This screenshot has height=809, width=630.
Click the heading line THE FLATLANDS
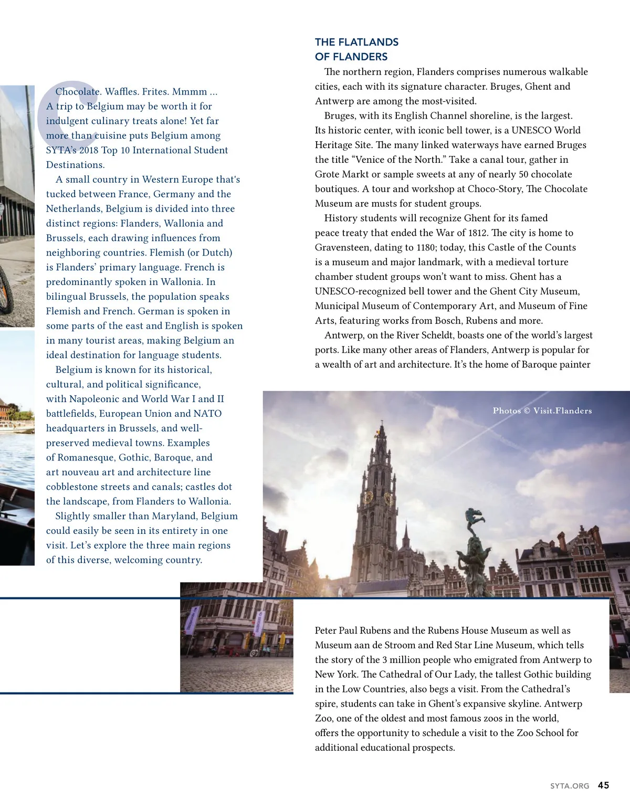(356, 42)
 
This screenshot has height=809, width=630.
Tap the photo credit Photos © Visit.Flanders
(542, 411)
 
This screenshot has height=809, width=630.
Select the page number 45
(603, 785)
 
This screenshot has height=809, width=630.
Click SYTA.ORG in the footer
(570, 786)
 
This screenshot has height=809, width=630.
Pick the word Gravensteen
(342, 247)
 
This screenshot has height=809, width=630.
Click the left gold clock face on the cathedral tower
(369, 497)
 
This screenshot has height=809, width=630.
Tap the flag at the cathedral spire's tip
(376, 433)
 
